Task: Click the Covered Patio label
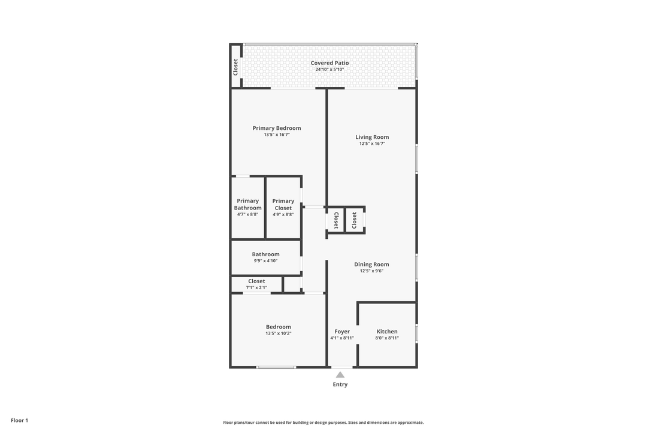(x=329, y=63)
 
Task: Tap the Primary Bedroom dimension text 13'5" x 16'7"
(x=277, y=135)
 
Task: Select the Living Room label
(x=372, y=137)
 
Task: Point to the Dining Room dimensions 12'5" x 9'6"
(x=372, y=271)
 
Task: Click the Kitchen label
(x=387, y=331)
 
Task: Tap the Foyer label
(x=342, y=332)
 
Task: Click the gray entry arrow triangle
(x=340, y=375)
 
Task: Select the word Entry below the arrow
(x=340, y=384)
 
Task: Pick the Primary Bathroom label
(x=248, y=204)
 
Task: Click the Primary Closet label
(x=283, y=204)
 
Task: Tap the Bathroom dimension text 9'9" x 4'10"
(x=266, y=260)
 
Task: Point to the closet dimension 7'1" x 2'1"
(x=256, y=287)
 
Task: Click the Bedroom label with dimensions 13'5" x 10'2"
(x=279, y=327)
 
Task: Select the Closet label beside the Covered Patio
(x=235, y=67)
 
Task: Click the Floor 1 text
(x=19, y=421)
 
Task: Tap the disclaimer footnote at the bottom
(x=323, y=423)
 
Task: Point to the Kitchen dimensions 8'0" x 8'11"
(x=387, y=338)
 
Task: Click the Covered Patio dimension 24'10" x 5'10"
(x=329, y=69)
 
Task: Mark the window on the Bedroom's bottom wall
(x=276, y=367)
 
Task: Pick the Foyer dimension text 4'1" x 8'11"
(x=342, y=338)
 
